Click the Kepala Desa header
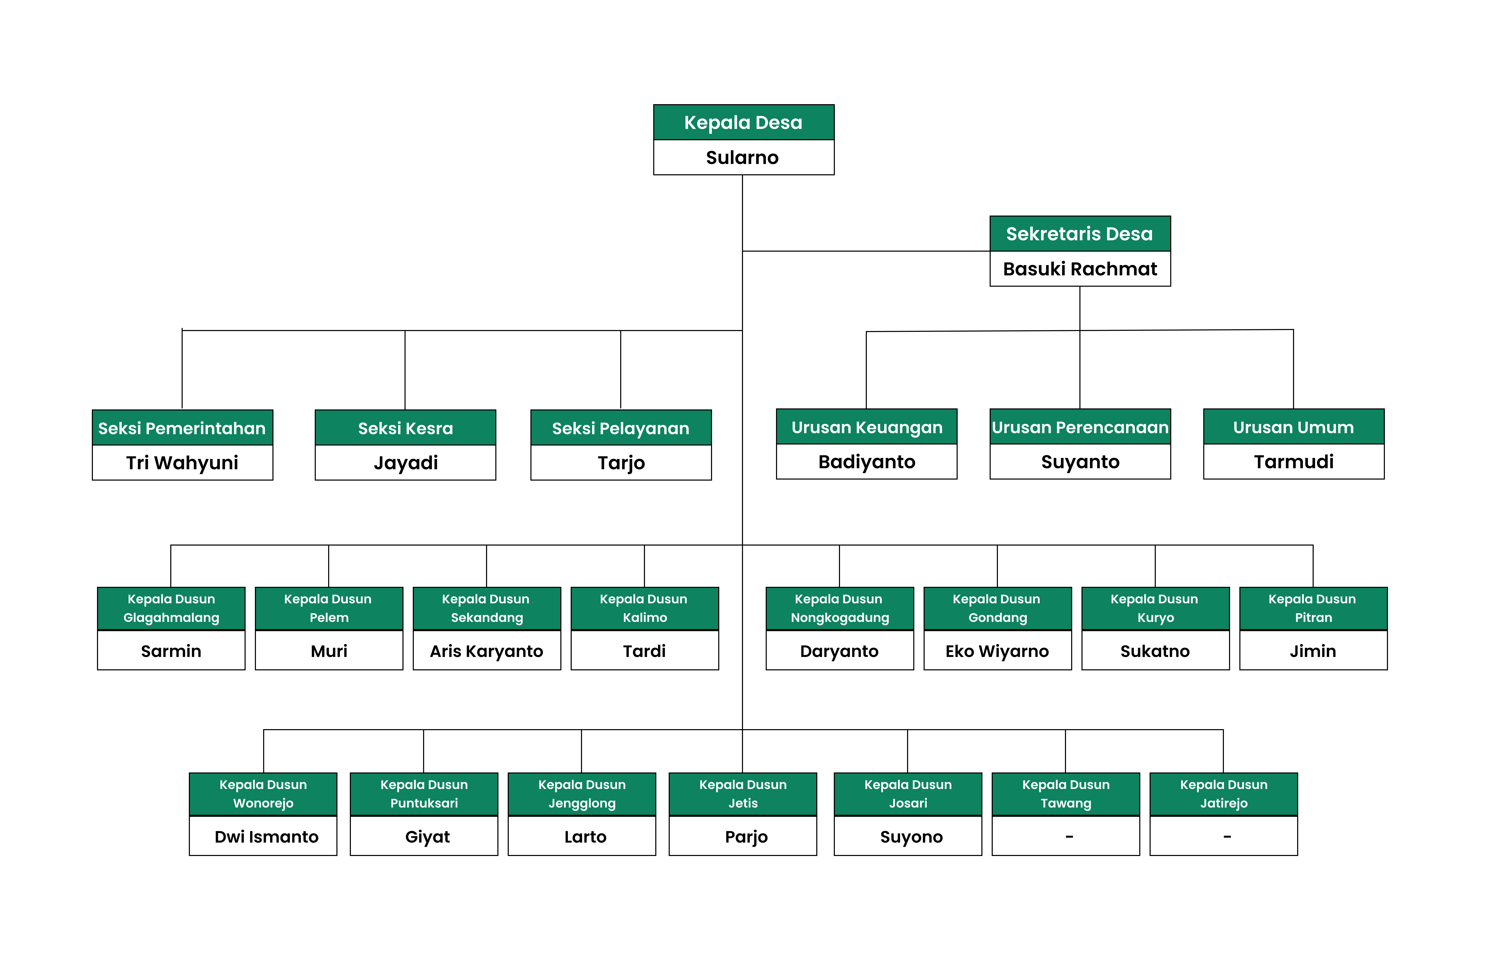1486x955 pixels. coord(743,122)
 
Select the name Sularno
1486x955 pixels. coord(742,158)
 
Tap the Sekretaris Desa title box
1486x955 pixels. coord(1080,234)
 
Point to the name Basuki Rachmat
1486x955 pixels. coord(1080,269)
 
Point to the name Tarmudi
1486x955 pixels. coord(1294,462)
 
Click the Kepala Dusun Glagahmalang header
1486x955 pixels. coord(171,608)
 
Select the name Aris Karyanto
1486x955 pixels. coord(487,651)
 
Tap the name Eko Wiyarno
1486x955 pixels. coord(997,651)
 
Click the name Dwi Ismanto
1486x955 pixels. coord(266,837)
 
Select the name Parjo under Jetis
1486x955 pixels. coord(746,837)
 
